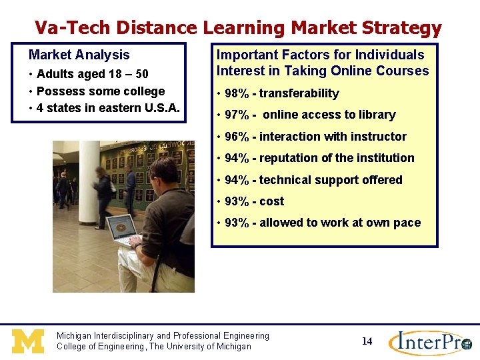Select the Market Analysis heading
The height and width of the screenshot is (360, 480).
pyautogui.click(x=79, y=55)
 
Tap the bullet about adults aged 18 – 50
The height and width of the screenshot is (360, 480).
pyautogui.click(x=92, y=74)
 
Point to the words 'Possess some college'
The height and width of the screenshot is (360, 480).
pyautogui.click(x=101, y=91)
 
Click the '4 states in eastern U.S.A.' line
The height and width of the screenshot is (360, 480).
pyautogui.click(x=108, y=108)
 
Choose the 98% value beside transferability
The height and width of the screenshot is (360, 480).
pyautogui.click(x=237, y=94)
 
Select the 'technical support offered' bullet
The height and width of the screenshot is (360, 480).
pyautogui.click(x=331, y=180)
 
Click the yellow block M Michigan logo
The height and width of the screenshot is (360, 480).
pyautogui.click(x=27, y=341)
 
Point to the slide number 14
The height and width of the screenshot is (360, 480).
pyautogui.click(x=367, y=341)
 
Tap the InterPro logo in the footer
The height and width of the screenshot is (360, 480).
pyautogui.click(x=430, y=343)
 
